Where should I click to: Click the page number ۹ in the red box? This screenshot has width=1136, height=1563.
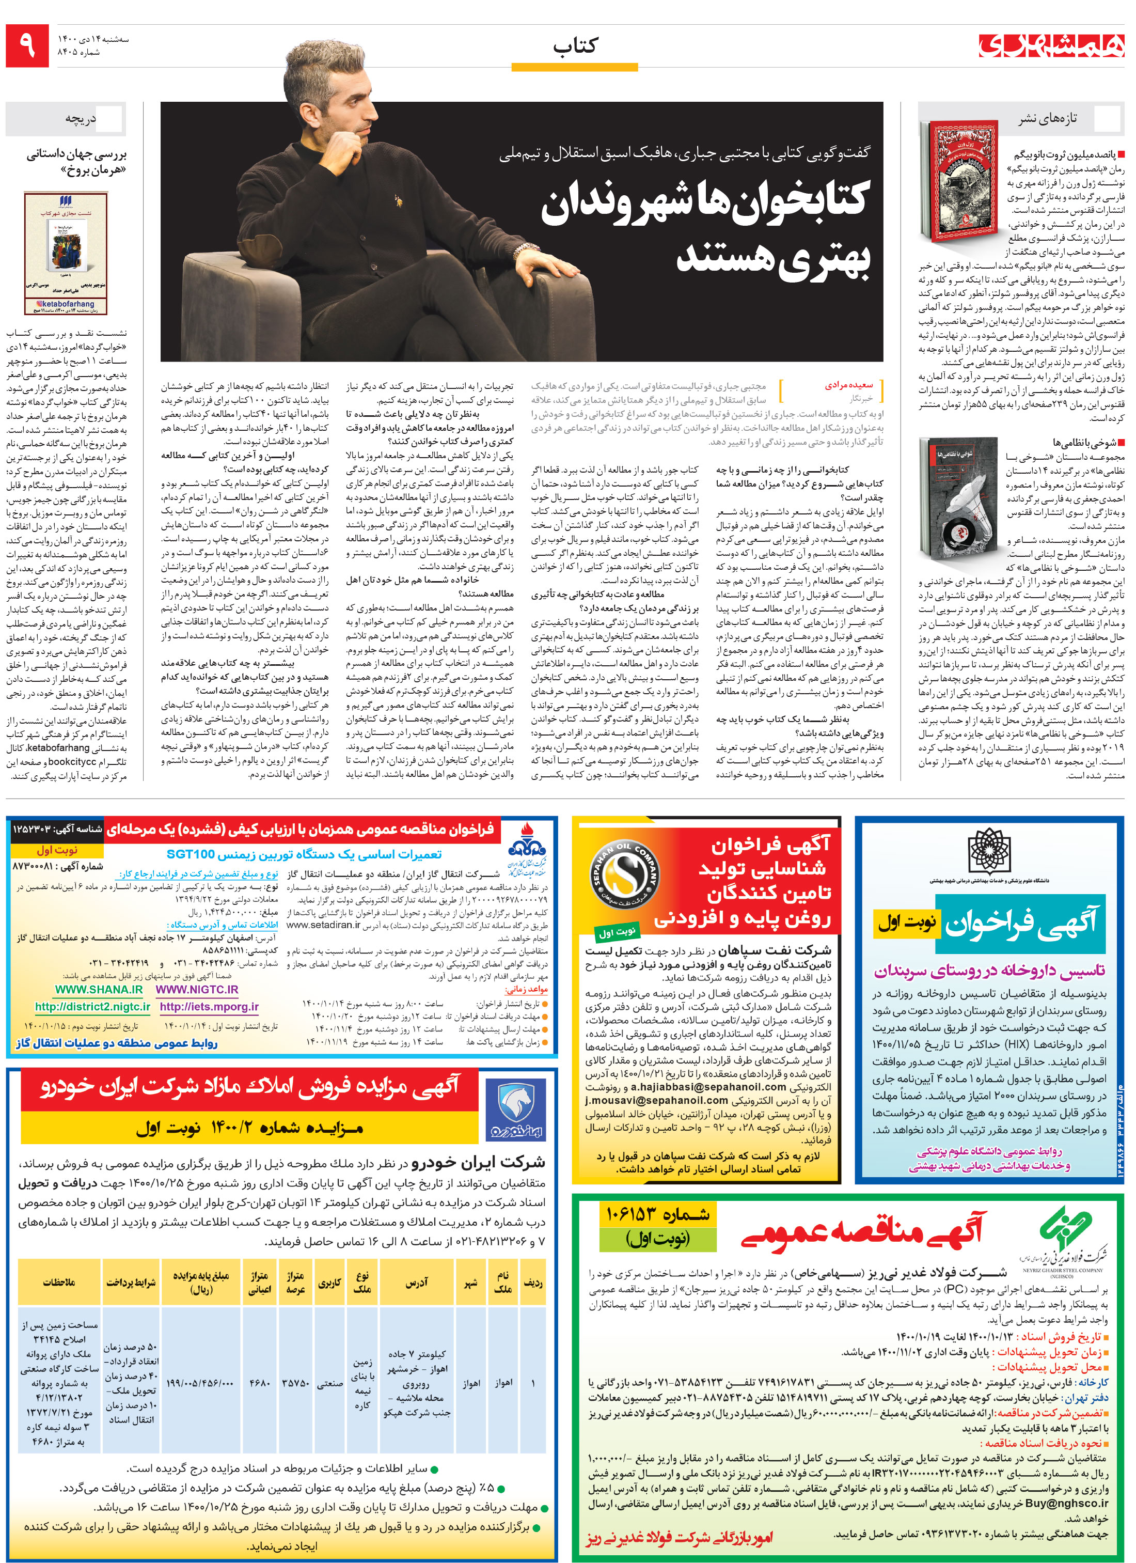coord(27,45)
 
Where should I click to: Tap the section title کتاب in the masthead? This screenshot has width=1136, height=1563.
coord(575,46)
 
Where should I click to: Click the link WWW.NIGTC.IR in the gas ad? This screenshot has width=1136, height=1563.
coord(197,990)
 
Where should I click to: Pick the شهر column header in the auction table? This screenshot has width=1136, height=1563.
coord(470,1283)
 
